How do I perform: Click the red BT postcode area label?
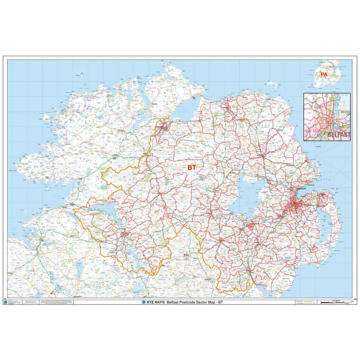point(192,167)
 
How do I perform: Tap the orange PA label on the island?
point(323,75)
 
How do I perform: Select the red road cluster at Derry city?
point(166,125)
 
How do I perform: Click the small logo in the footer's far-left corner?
point(6,302)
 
